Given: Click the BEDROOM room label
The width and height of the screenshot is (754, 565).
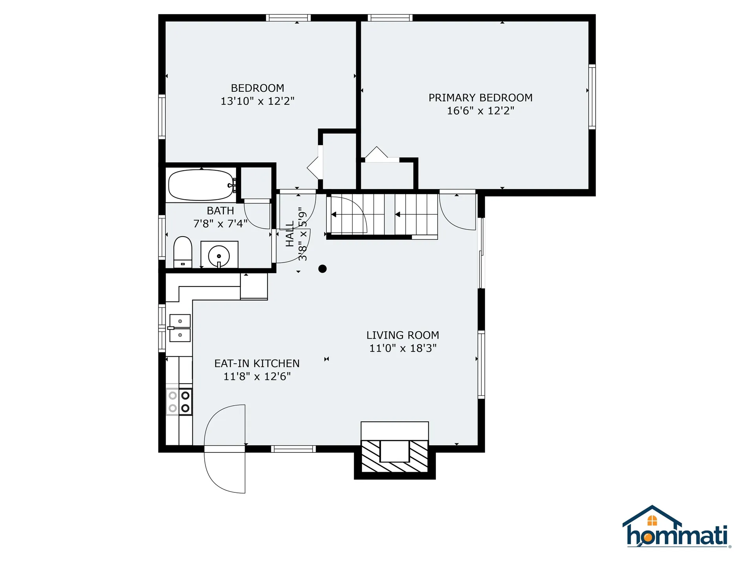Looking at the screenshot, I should click(x=257, y=88).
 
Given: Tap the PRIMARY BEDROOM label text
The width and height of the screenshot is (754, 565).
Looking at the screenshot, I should click(x=480, y=98).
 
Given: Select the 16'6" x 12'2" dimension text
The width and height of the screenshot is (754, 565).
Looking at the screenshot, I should click(x=480, y=111).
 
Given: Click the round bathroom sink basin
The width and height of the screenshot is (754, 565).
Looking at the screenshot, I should click(x=219, y=255).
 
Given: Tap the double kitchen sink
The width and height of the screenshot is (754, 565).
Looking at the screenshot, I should click(x=180, y=328).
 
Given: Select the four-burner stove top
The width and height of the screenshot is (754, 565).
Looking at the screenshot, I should click(x=179, y=401).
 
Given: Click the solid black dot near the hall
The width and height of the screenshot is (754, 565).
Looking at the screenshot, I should click(x=322, y=269).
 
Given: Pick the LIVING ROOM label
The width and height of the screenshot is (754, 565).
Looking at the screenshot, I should click(x=403, y=335).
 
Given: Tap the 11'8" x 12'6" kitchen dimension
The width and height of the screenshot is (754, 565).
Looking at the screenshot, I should click(x=257, y=376).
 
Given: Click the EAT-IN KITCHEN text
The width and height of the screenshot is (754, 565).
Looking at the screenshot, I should click(x=257, y=363).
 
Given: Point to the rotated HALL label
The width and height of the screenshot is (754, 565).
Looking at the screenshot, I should click(x=290, y=234).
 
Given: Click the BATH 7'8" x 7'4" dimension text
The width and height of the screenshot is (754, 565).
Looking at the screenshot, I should click(x=220, y=224).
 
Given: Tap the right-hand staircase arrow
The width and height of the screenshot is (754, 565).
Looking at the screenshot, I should click(x=398, y=215).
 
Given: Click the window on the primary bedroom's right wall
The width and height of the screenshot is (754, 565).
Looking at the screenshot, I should click(x=592, y=97).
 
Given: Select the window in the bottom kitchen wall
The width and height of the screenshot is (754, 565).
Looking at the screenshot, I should click(x=293, y=449).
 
